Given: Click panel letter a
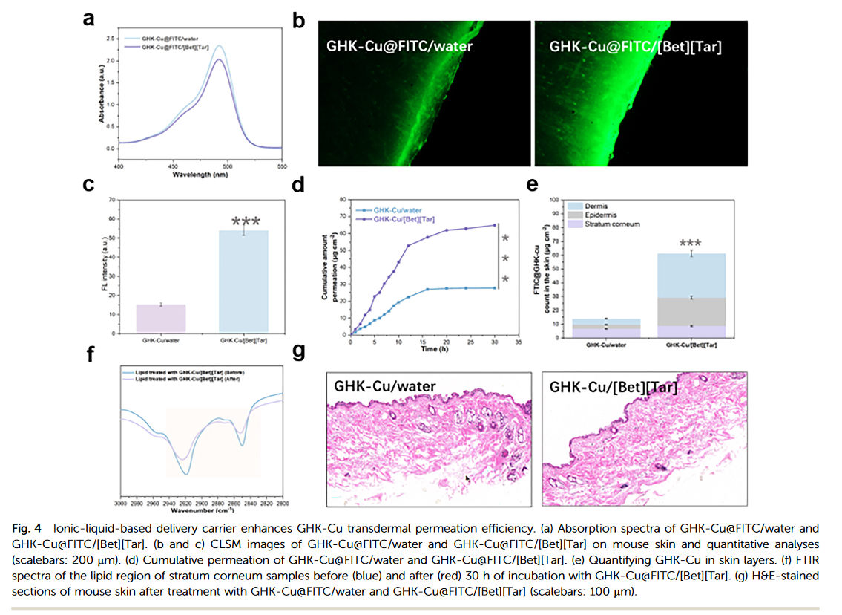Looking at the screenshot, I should pyautogui.click(x=89, y=20).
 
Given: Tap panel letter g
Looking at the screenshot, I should pyautogui.click(x=299, y=351).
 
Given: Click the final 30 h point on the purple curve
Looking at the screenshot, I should pyautogui.click(x=494, y=225).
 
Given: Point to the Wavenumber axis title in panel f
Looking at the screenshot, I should pyautogui.click(x=198, y=511).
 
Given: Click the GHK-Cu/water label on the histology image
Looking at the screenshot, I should pyautogui.click(x=385, y=386).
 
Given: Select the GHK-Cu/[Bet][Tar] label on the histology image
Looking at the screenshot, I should pyautogui.click(x=613, y=387).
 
